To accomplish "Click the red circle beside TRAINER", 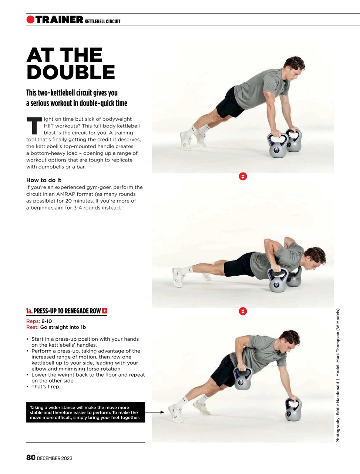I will pyautogui.click(x=30, y=20).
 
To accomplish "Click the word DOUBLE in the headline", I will pyautogui.click(x=71, y=73).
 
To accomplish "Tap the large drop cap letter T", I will pyautogui.click(x=34, y=126).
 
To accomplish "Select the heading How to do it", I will pyautogui.click(x=44, y=180).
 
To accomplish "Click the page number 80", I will pyautogui.click(x=31, y=458).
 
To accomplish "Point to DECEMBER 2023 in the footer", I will pyautogui.click(x=55, y=458).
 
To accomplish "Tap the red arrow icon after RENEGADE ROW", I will pyautogui.click(x=105, y=311).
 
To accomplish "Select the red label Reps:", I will pyautogui.click(x=33, y=321).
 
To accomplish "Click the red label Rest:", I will pyautogui.click(x=33, y=327).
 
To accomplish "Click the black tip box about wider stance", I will pyautogui.click(x=85, y=412).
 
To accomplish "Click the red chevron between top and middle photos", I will pyautogui.click(x=243, y=176).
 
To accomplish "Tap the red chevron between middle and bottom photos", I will pyautogui.click(x=243, y=311).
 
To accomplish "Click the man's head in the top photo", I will pyautogui.click(x=294, y=67).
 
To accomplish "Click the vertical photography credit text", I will pyautogui.click(x=338, y=375).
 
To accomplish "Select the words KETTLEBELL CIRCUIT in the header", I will pyautogui.click(x=102, y=21).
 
